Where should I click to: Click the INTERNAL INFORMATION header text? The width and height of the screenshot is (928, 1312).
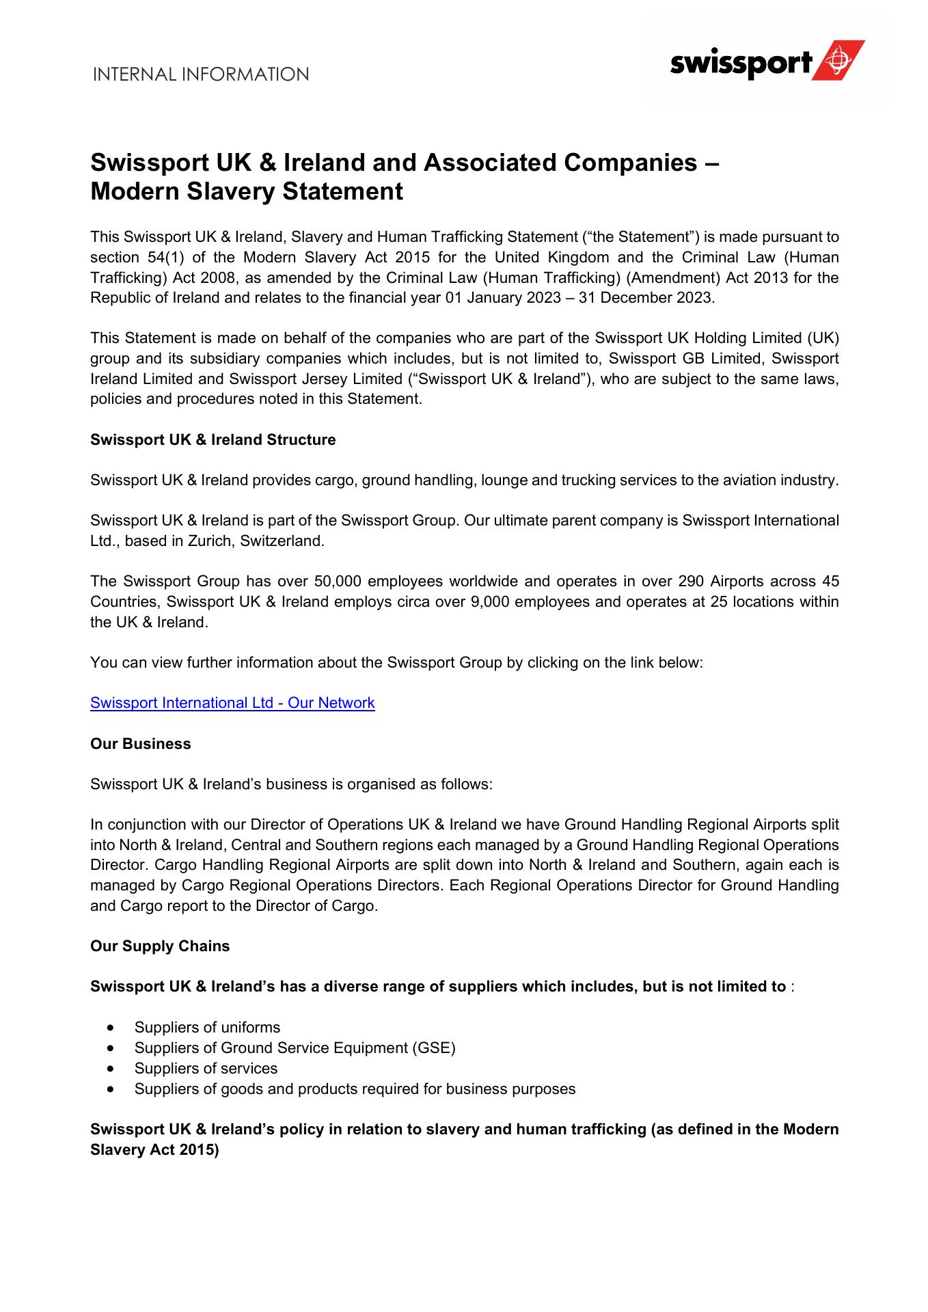(x=201, y=74)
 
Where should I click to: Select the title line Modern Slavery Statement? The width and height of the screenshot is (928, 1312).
(x=247, y=192)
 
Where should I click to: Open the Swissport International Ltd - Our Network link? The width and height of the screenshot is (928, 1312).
(x=232, y=703)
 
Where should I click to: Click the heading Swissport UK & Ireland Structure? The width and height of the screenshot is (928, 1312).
(x=213, y=439)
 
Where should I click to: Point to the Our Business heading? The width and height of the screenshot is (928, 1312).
(x=140, y=743)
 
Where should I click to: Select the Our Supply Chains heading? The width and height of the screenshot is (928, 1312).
(x=160, y=946)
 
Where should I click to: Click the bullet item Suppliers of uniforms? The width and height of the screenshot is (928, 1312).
(x=207, y=1027)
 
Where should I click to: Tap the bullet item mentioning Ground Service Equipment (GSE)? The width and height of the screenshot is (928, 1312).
(x=295, y=1048)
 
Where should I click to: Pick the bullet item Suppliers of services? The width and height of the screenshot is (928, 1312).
(x=206, y=1068)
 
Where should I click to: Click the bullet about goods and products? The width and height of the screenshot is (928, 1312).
(x=355, y=1089)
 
